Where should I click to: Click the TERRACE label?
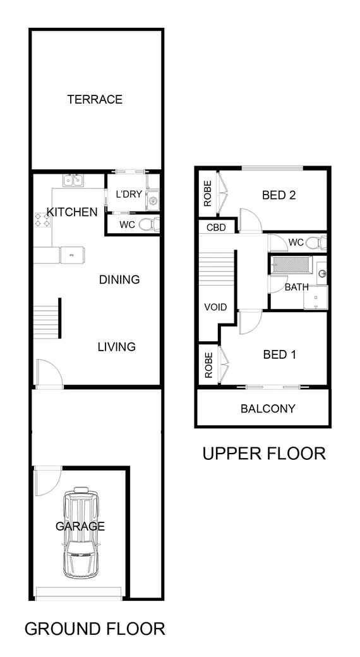(95, 99)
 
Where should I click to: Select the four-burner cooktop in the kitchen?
(43, 219)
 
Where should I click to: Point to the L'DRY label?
(128, 194)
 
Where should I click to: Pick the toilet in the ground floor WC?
(148, 224)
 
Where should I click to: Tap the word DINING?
(119, 279)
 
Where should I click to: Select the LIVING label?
(116, 346)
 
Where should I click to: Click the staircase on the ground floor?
(46, 321)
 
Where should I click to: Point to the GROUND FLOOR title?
(95, 628)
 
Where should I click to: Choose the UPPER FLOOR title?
(263, 453)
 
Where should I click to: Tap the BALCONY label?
(268, 408)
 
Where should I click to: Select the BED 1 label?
(279, 354)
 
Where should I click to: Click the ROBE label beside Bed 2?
(207, 195)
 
